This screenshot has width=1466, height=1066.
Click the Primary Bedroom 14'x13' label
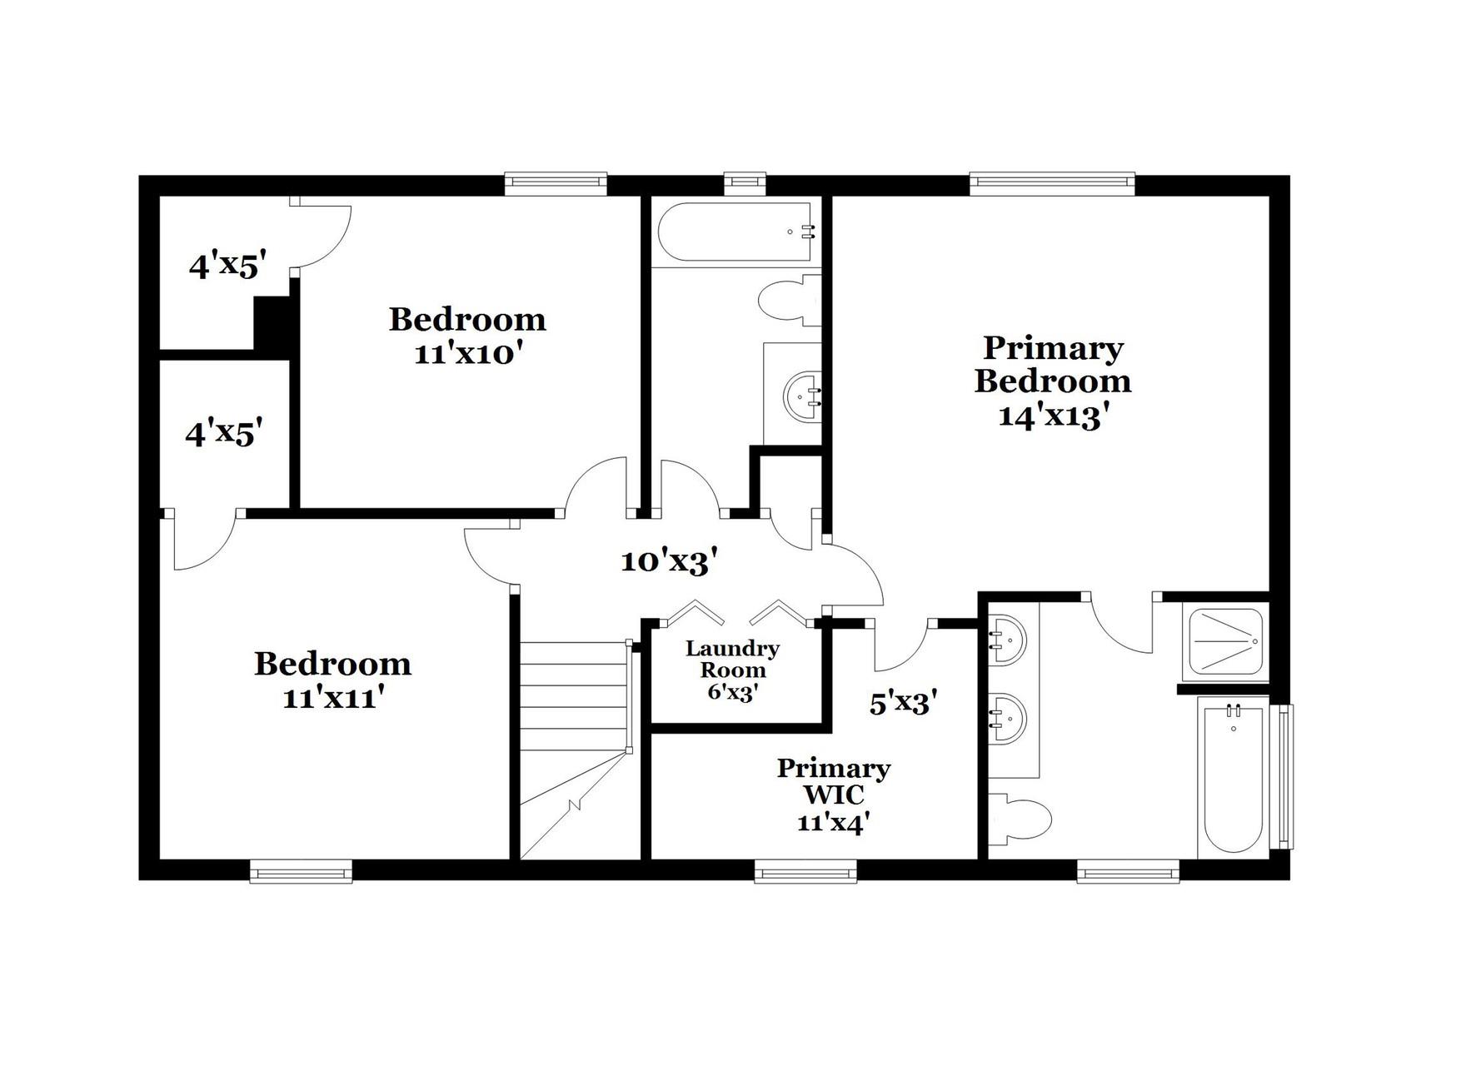[1053, 381]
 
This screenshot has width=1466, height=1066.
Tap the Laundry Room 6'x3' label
[732, 670]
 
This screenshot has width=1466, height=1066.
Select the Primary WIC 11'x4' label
[833, 795]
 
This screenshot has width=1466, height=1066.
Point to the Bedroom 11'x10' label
[467, 336]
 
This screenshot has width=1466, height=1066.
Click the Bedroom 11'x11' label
[332, 680]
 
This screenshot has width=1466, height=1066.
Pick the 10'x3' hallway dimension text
[669, 562]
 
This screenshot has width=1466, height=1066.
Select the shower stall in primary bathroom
[1224, 641]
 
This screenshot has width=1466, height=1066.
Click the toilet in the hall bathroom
[787, 300]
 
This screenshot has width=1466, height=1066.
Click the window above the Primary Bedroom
[1052, 182]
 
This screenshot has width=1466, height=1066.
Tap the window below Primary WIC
[805, 872]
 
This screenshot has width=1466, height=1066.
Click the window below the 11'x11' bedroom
[301, 872]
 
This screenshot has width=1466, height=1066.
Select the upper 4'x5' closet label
[227, 266]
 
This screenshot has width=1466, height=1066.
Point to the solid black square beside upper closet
[272, 325]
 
